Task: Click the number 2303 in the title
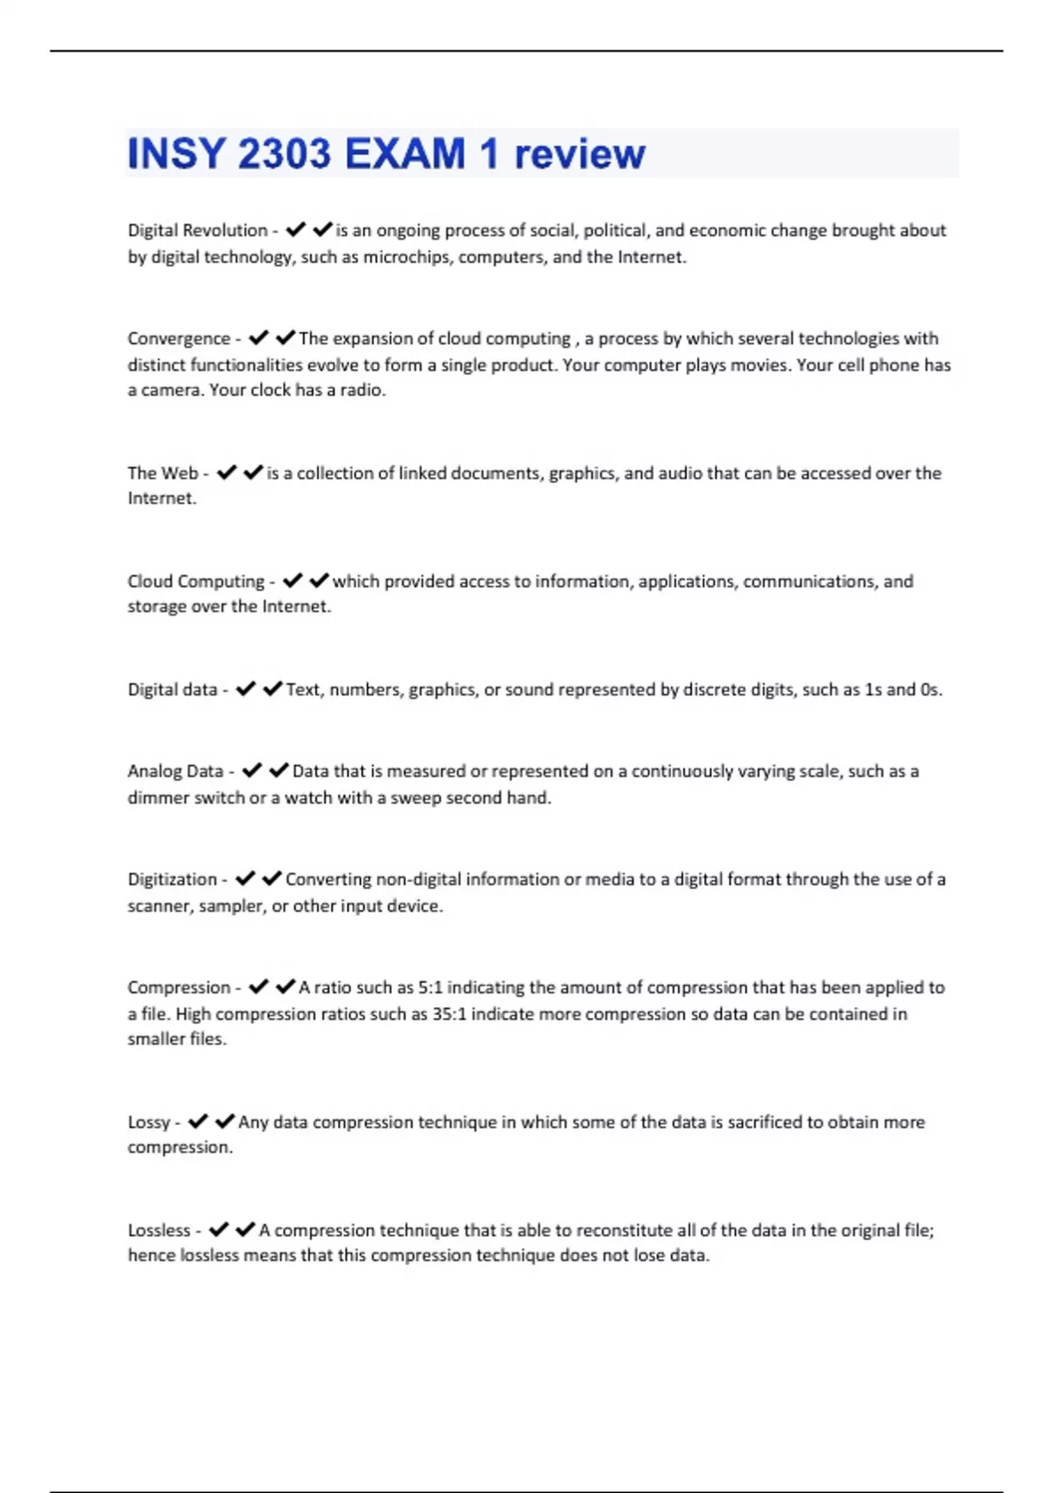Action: click(x=284, y=155)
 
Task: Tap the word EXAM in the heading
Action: click(x=405, y=155)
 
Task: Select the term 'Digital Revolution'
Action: click(x=198, y=230)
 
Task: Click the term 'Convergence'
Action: click(x=178, y=339)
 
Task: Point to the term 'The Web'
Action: click(x=162, y=473)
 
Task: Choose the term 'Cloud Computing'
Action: click(x=196, y=581)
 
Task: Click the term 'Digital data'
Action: click(x=172, y=689)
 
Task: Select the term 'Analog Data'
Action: click(x=176, y=771)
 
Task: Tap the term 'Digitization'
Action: click(x=172, y=879)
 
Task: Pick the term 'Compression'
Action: click(x=178, y=987)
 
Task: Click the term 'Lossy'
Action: click(x=148, y=1122)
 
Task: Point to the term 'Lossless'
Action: click(x=159, y=1230)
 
